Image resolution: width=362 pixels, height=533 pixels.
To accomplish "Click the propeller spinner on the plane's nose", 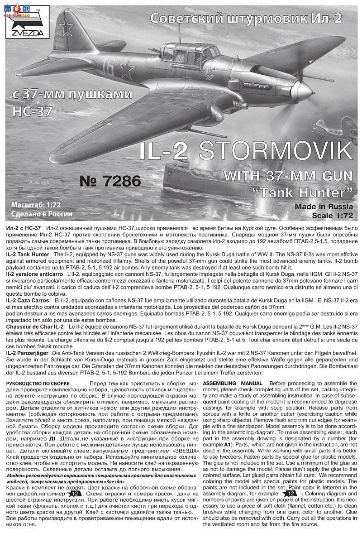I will [310, 86].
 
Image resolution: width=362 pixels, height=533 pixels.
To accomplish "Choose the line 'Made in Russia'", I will [323, 207].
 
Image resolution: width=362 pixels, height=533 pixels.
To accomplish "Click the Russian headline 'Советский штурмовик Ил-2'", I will [245, 18].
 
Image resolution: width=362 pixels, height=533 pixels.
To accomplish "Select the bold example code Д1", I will [52, 438].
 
